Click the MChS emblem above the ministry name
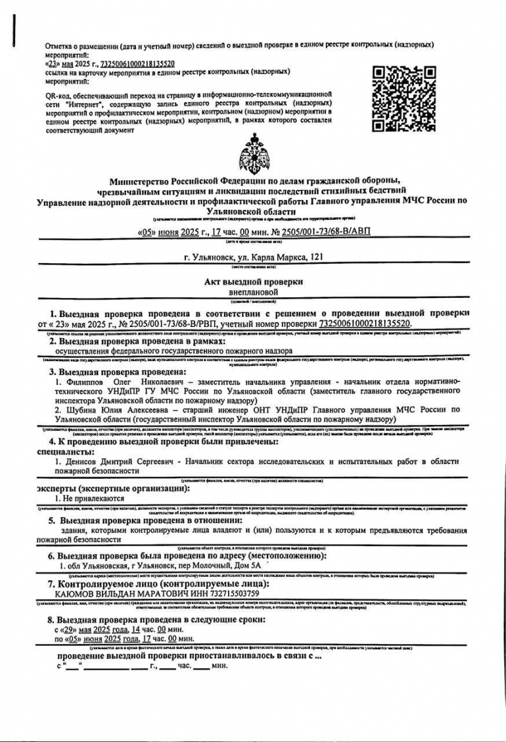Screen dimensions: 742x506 253,153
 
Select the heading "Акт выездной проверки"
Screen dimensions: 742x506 253,282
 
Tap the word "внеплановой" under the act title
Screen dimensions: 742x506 253,291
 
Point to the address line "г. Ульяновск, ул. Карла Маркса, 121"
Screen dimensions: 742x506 253,257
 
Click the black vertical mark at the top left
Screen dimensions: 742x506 13,28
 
